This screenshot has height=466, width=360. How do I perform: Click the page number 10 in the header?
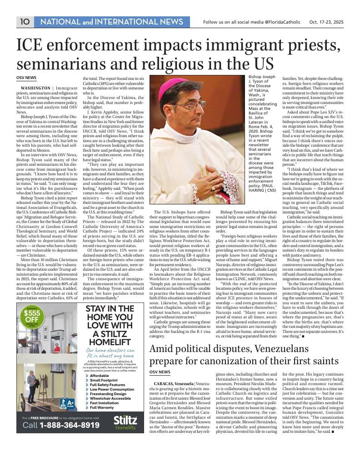(24, 21)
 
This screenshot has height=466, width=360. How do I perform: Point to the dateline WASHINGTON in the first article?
(35, 88)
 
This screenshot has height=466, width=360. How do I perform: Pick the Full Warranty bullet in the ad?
(102, 407)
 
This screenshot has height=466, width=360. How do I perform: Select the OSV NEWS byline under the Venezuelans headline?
(160, 372)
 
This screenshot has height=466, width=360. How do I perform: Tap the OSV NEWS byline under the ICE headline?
(26, 78)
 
